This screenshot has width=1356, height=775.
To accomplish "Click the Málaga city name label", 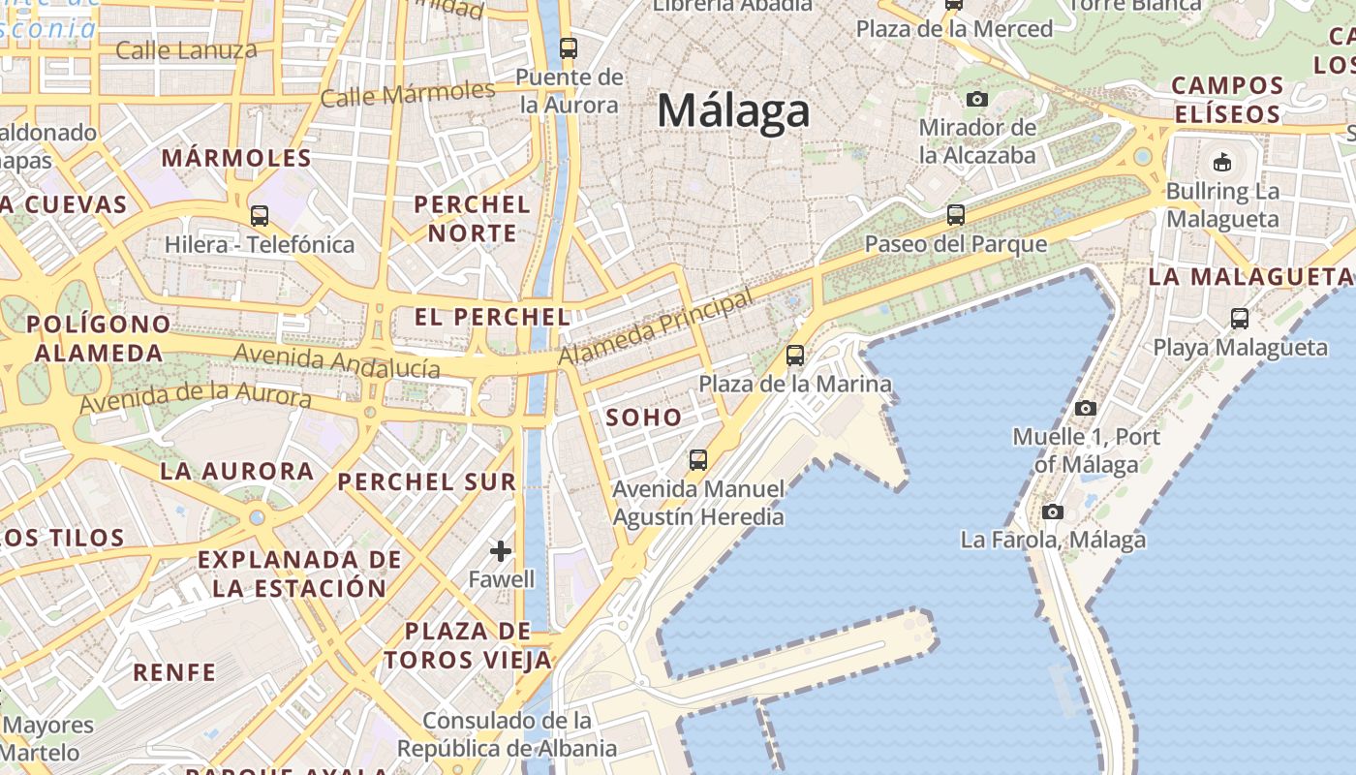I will (733, 110).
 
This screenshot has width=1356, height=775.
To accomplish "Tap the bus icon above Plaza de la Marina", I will (795, 356).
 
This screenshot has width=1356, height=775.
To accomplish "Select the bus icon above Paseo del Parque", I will (956, 215).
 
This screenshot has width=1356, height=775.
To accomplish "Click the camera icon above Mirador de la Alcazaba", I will (977, 99).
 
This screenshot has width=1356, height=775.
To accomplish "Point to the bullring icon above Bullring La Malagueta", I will (1222, 162).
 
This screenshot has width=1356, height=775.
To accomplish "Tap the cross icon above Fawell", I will (501, 551).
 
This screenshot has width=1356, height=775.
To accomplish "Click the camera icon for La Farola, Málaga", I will (1053, 511).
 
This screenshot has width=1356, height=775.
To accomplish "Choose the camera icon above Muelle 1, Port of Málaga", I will (1086, 408).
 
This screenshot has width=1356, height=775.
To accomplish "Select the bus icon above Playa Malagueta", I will (1240, 318).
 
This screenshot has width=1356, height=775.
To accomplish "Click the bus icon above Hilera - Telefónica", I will (260, 215).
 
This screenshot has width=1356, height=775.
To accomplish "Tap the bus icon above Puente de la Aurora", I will (569, 47).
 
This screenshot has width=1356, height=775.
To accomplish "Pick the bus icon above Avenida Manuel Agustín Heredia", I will (698, 459).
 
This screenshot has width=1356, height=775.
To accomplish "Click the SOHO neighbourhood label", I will (644, 418).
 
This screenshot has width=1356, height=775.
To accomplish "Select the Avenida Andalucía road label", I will (337, 360).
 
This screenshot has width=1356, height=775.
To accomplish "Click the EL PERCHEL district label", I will (492, 317).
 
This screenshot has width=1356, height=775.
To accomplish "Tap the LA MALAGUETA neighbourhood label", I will (1249, 277).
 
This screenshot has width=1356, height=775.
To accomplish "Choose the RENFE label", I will (174, 672).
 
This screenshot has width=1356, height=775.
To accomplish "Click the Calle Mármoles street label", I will (408, 94).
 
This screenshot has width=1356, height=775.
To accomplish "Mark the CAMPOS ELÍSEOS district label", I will (1227, 100).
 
